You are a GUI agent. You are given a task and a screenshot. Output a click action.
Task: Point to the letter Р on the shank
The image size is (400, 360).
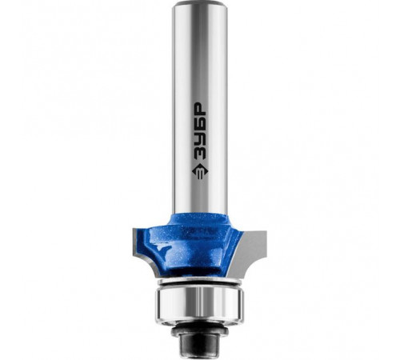click(200, 108)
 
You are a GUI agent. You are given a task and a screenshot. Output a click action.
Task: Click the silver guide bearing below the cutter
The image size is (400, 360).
click(199, 305)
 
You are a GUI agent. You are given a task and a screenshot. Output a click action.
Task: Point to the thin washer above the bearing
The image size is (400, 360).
click(199, 281)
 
